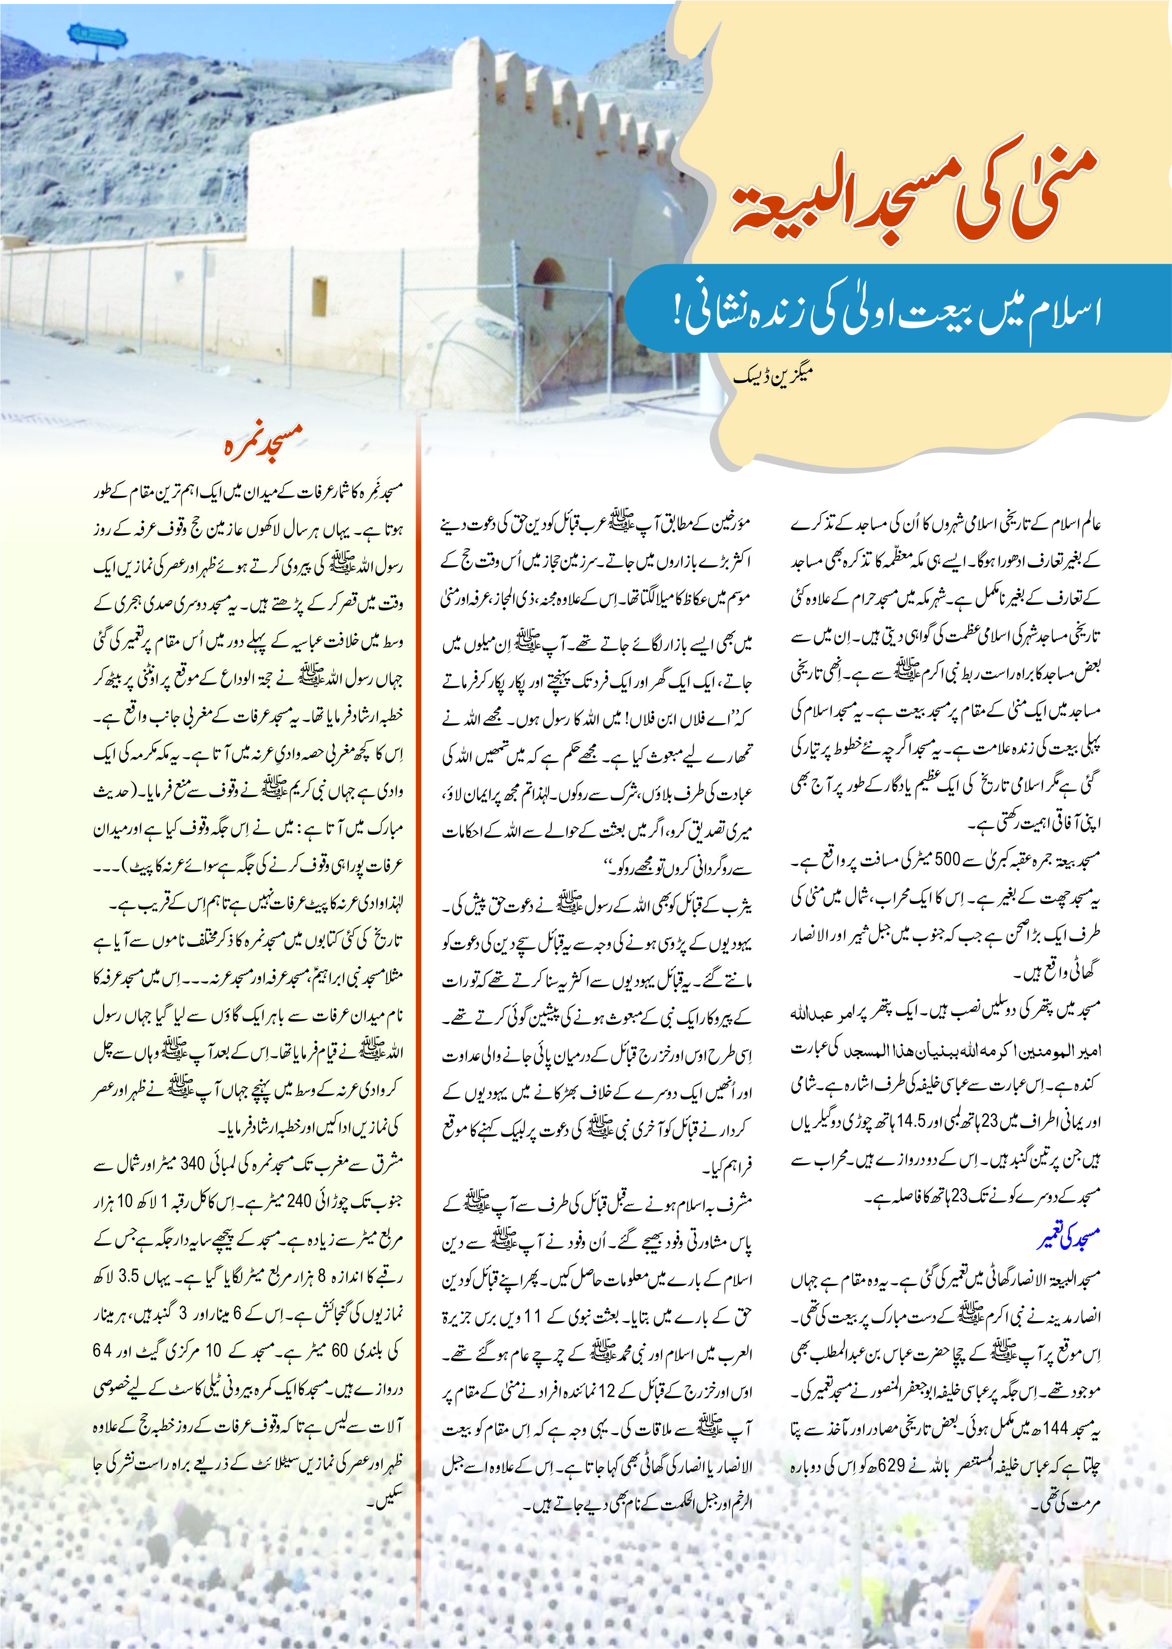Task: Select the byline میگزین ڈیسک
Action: pyautogui.click(x=773, y=375)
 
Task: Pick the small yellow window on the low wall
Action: pyautogui.click(x=319, y=296)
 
